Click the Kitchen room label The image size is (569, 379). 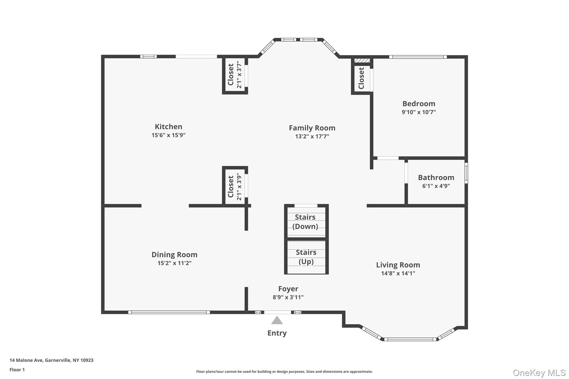coord(168,127)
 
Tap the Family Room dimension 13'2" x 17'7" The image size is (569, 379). coord(312,136)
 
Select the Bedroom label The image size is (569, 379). coord(419,104)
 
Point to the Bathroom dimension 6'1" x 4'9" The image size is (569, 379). coord(436,186)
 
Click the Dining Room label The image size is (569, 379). coord(174,255)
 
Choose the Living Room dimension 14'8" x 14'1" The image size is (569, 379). coord(398,273)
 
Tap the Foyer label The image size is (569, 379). coord(288,289)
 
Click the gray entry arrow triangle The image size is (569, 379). coord(277,321)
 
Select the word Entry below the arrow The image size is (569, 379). coord(277,333)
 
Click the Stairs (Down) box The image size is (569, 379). coord(306,222)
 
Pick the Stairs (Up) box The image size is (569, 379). coord(306,257)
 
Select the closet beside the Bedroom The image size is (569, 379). coord(361,78)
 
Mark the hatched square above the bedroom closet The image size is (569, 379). coord(362,61)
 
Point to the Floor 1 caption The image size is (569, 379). coord(17,370)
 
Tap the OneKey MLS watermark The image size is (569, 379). coord(539,373)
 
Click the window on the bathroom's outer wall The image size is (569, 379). coord(466,173)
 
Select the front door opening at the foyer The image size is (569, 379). coord(278,312)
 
